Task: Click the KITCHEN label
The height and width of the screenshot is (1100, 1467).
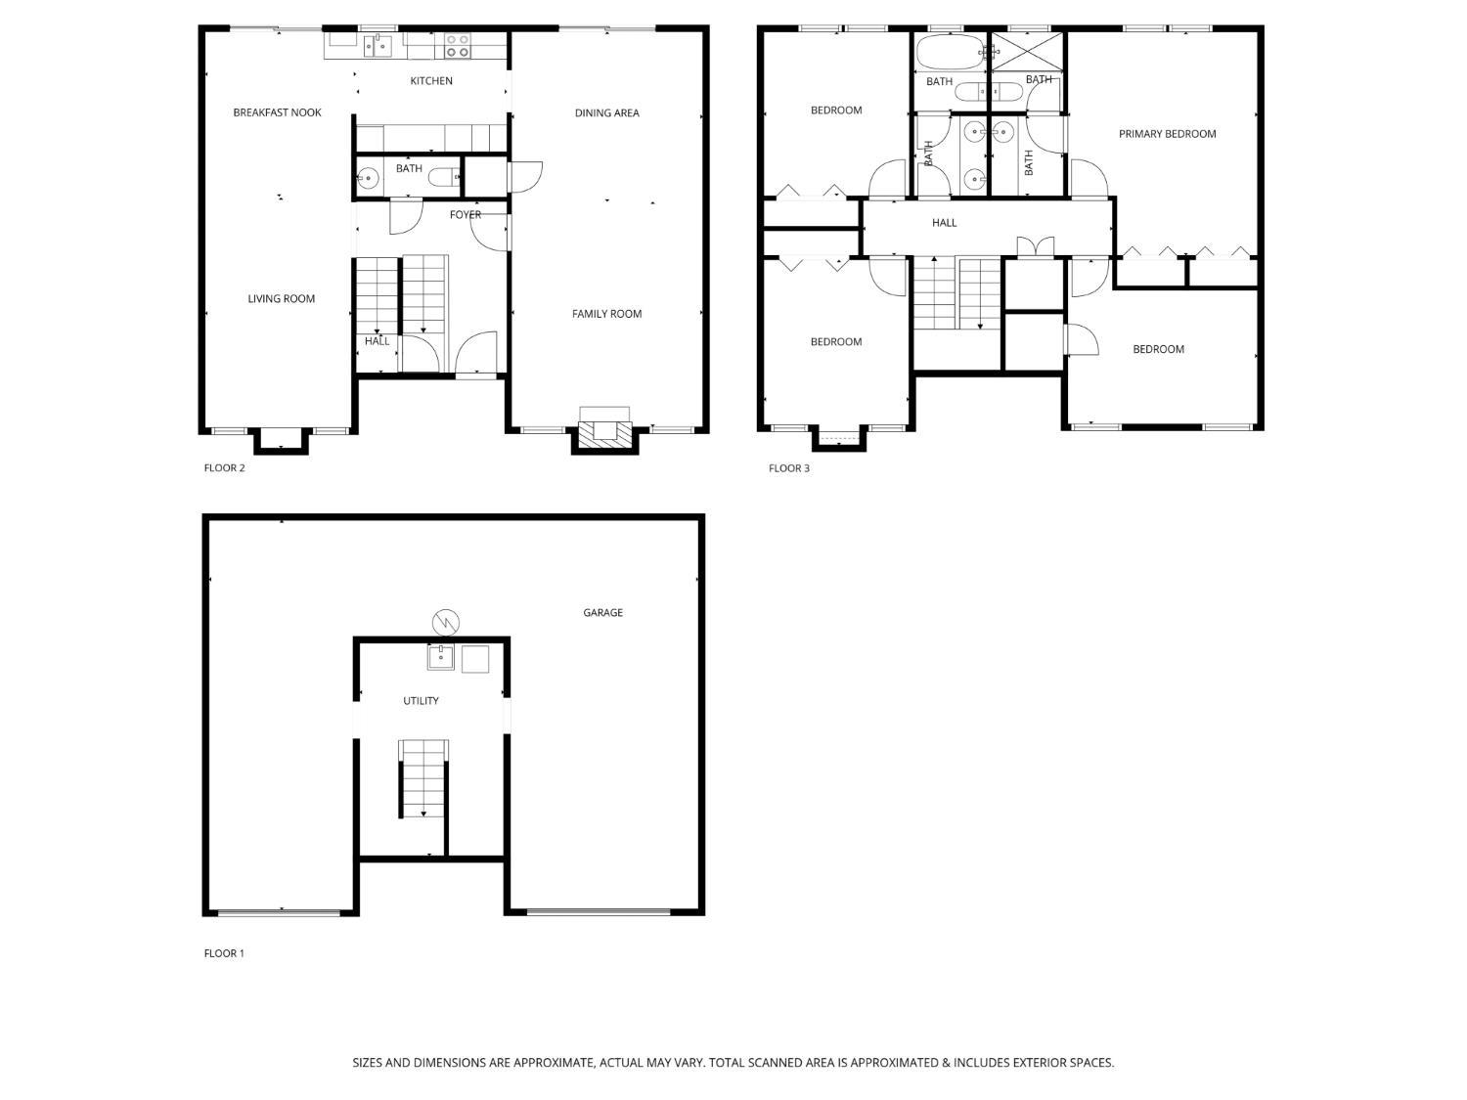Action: click(x=431, y=81)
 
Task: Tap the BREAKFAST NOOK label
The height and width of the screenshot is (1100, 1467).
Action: click(x=277, y=112)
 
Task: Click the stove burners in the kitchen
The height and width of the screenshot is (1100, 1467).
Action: click(x=458, y=45)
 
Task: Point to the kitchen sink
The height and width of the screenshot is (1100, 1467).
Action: click(x=378, y=45)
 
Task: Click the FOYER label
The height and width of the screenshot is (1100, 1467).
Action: click(x=466, y=215)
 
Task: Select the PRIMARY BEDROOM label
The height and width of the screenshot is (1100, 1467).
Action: click(x=1167, y=134)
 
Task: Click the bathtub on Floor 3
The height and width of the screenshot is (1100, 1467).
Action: click(x=950, y=52)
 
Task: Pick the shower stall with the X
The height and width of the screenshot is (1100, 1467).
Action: click(x=1027, y=51)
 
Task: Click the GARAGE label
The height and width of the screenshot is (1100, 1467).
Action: click(x=602, y=613)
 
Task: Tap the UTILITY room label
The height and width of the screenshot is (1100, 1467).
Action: click(x=421, y=701)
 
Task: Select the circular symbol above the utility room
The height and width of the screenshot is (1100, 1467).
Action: click(x=445, y=621)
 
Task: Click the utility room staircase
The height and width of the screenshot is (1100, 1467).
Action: click(x=423, y=778)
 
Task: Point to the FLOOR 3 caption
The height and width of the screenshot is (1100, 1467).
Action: click(x=788, y=468)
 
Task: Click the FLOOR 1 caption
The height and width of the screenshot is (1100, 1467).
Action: click(x=224, y=953)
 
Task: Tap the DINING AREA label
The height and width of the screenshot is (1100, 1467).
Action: click(x=606, y=113)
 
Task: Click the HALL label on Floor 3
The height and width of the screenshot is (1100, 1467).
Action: click(x=944, y=223)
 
